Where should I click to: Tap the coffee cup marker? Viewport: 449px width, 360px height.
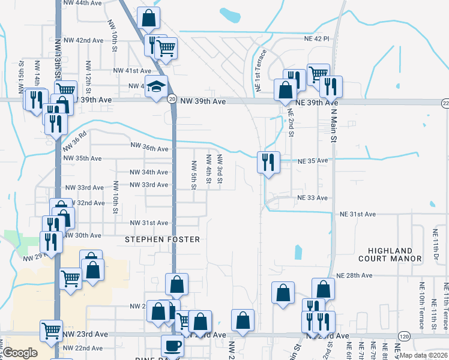coord(173,346)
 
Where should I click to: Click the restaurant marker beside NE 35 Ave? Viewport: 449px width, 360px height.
coord(267,162)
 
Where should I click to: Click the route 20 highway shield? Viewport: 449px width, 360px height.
coord(172,98)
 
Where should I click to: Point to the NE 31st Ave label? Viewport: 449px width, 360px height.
coord(358,214)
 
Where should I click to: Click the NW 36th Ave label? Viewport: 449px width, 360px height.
coord(150,148)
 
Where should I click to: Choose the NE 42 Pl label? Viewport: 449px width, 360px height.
coord(317,38)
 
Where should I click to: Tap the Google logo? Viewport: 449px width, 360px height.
coord(20,353)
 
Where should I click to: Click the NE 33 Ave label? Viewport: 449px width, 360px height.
coord(313,198)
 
